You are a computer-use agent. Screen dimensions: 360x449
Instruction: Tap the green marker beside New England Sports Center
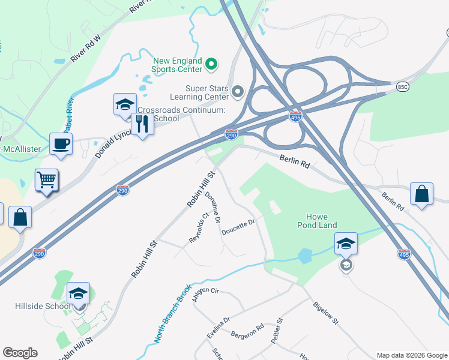tap(211, 63)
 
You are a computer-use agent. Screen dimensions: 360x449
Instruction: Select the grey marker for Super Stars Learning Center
tap(238, 92)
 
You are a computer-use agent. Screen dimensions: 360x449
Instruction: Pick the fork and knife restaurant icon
tap(142, 124)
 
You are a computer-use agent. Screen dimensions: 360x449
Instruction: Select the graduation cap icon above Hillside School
tap(78, 293)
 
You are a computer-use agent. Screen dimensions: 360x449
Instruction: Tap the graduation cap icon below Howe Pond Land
tap(346, 244)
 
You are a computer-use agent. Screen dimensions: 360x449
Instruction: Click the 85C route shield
tap(402, 87)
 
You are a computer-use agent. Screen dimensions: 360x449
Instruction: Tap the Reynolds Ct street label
tap(198, 227)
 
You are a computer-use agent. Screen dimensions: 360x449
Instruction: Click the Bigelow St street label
tap(326, 313)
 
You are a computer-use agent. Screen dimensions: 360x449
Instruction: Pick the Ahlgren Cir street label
tap(206, 294)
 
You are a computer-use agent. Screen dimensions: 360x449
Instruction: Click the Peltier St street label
tap(276, 331)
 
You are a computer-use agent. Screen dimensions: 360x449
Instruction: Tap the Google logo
tap(20, 353)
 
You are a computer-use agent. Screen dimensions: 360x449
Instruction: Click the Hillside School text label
tap(42, 306)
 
